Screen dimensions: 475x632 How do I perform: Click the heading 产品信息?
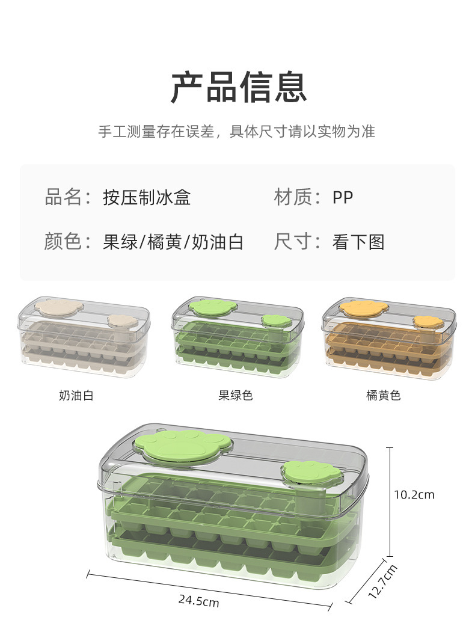238,88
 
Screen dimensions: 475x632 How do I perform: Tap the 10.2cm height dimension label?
414,495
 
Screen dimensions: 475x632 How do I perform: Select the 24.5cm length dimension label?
198,600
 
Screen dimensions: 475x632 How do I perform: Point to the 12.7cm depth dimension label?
382,581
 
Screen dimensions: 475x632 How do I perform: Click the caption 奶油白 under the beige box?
76,395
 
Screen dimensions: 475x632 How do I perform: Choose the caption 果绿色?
235,395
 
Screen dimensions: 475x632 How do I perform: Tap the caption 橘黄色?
383,395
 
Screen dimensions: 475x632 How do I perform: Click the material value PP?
343,197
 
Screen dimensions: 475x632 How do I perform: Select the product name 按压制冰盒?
147,197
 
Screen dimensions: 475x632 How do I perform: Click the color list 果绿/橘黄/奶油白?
173,242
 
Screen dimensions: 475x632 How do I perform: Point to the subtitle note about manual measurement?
237,132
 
